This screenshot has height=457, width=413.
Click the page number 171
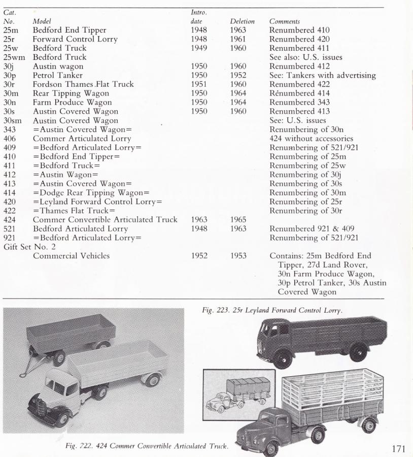pyautogui.click(x=401, y=448)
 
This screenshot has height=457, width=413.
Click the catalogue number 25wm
pyautogui.click(x=14, y=57)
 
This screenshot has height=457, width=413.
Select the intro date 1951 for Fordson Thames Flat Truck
pyautogui.click(x=199, y=84)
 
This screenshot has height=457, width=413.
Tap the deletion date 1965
pyautogui.click(x=238, y=219)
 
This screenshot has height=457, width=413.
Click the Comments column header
pyautogui.click(x=285, y=22)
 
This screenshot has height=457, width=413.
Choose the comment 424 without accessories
pyautogui.click(x=311, y=138)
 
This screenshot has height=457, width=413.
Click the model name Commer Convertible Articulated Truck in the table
pyautogui.click(x=105, y=219)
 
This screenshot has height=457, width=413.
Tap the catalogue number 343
pyautogui.click(x=10, y=129)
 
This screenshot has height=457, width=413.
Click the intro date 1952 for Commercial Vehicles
pyautogui.click(x=199, y=256)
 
